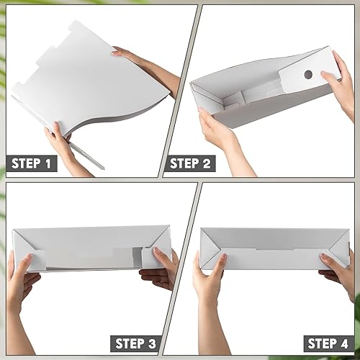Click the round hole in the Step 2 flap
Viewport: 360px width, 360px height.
[307, 73]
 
